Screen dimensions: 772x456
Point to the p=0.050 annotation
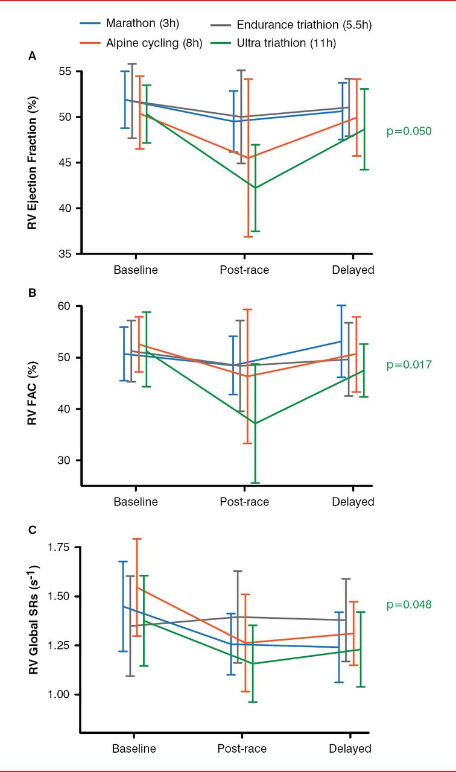(x=409, y=131)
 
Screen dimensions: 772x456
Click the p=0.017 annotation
(x=409, y=364)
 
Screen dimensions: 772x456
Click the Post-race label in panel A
(x=244, y=270)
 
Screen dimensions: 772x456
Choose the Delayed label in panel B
(x=353, y=502)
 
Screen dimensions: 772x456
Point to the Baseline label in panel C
(x=134, y=748)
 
